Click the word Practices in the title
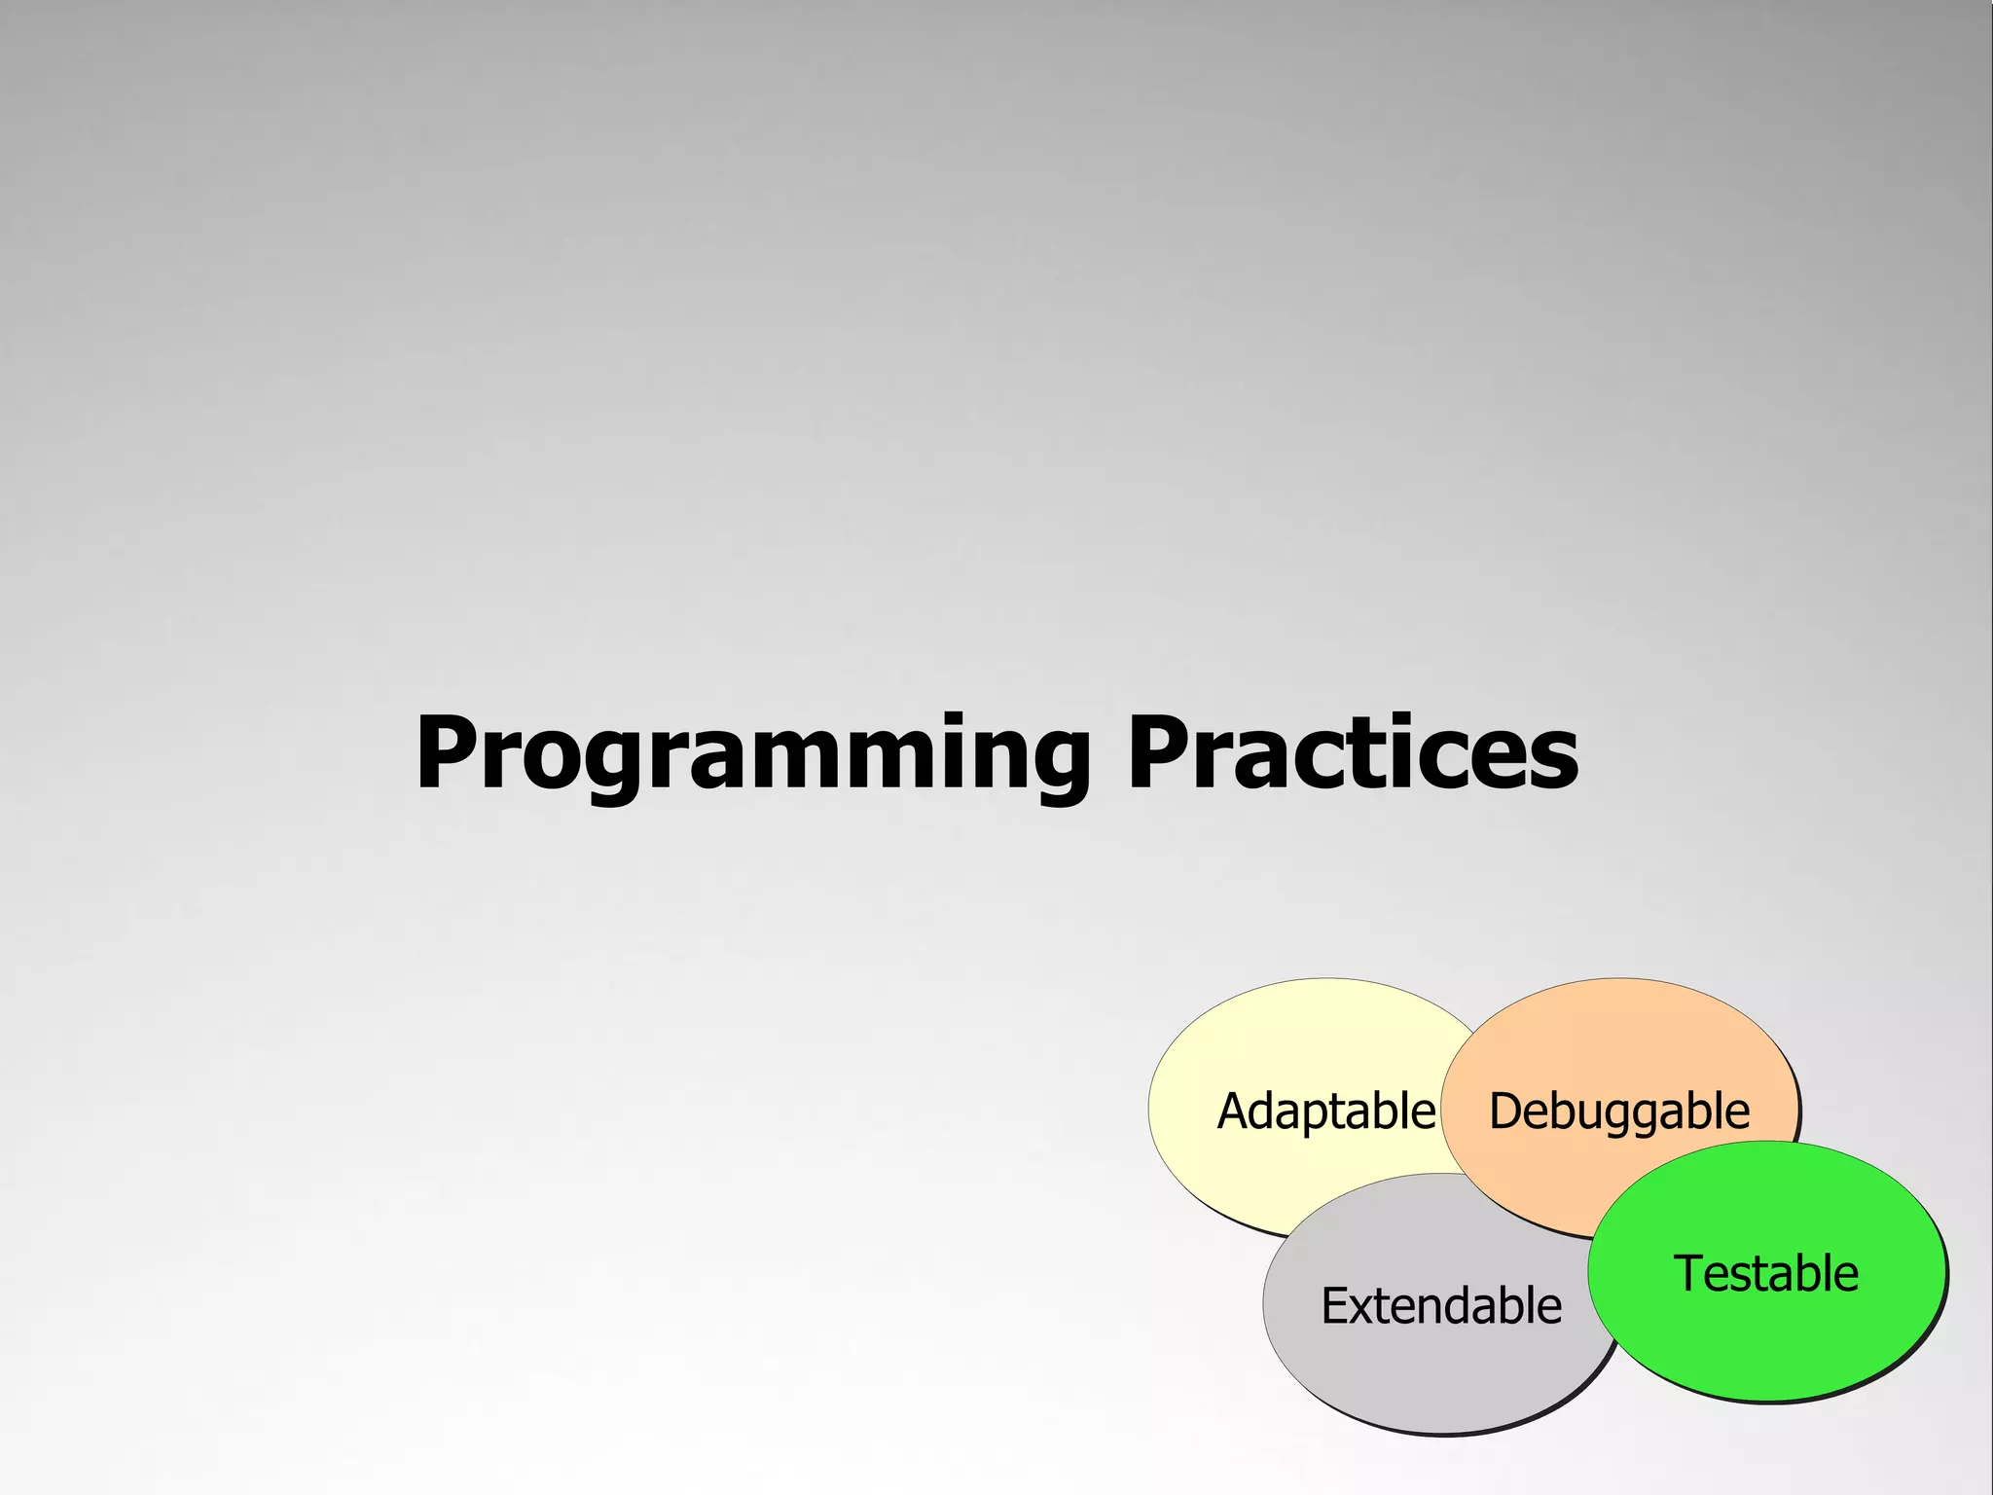coord(1352,754)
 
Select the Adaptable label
coord(1325,1112)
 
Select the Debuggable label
coord(1619,1112)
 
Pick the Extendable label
coord(1440,1306)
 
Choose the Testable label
coord(1765,1274)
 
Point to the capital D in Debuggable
coord(1505,1112)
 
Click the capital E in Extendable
coord(1334,1306)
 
